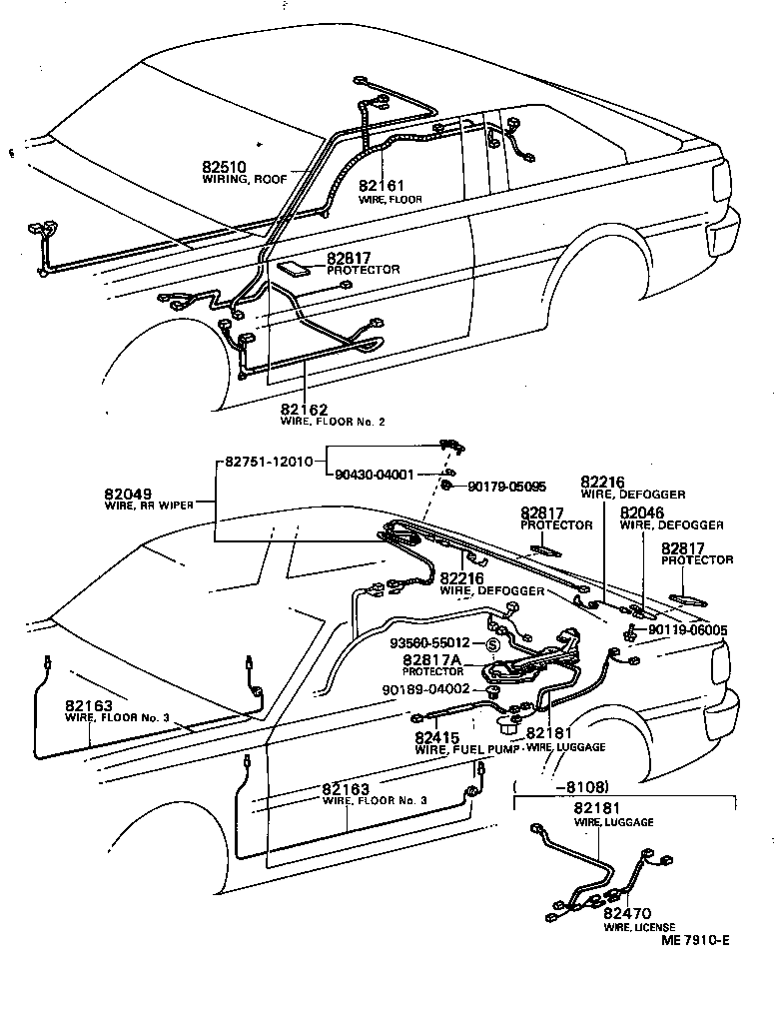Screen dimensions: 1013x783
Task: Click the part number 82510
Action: (226, 165)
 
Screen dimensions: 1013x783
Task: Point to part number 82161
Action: (382, 186)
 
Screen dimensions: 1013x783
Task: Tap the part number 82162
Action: (303, 409)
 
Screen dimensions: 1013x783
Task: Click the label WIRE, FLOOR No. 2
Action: (332, 422)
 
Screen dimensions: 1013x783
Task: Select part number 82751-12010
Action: (268, 461)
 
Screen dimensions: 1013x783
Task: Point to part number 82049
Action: (127, 494)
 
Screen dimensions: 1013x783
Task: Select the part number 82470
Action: (626, 913)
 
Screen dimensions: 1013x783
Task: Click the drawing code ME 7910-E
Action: (695, 940)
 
